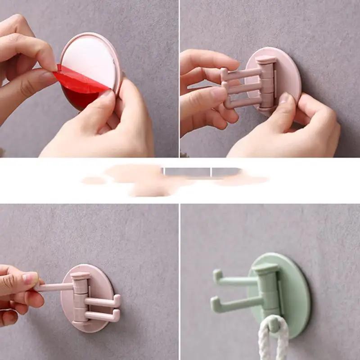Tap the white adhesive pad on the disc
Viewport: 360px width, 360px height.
(90, 58)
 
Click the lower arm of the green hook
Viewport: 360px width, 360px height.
(234, 304)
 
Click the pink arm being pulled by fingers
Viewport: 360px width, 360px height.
(54, 287)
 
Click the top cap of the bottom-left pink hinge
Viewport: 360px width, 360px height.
(80, 276)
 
